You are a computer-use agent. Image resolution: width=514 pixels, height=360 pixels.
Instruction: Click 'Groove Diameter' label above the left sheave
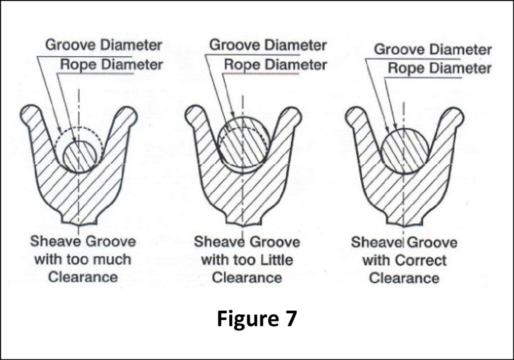104,45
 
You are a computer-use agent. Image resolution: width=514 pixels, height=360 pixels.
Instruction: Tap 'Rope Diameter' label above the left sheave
111,64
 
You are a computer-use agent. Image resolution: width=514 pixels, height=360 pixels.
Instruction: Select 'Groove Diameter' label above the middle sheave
268,45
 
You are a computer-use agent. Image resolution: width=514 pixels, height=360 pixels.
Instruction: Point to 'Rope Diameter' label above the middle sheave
275,64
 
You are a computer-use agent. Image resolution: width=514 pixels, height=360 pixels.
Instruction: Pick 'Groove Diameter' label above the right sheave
433,49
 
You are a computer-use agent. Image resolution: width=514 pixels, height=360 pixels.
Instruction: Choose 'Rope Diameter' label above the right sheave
439,68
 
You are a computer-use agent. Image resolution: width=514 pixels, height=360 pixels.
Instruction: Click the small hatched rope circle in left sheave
79,156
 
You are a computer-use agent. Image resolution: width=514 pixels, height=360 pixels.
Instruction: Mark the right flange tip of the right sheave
455,116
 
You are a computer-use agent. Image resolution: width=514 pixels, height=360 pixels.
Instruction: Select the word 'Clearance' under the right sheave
404,278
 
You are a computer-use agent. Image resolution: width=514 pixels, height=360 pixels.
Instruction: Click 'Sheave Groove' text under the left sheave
83,242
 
